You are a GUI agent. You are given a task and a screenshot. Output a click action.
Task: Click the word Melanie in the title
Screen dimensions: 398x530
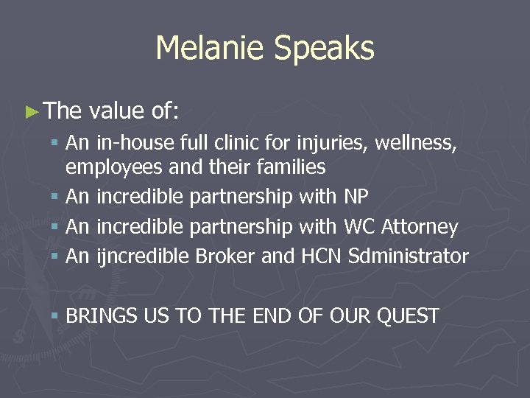pos(211,49)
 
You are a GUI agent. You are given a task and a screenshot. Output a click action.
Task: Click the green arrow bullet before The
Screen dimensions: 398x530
pos(30,111)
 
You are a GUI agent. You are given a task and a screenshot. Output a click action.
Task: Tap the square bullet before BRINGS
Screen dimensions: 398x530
pos(57,316)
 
